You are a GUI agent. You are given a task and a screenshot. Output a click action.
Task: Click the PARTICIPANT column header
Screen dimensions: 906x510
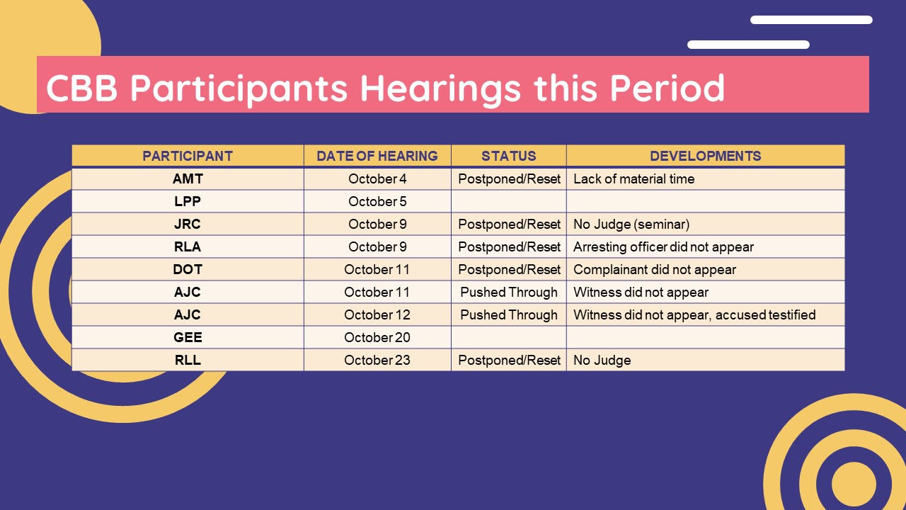(x=188, y=156)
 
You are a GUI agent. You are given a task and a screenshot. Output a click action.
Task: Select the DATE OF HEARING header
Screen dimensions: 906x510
(x=377, y=156)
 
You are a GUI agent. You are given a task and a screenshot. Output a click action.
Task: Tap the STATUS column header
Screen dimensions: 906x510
(x=508, y=156)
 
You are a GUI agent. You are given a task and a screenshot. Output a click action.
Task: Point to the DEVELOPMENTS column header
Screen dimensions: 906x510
(x=706, y=156)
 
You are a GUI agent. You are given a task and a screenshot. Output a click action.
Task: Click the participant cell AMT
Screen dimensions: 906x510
(x=188, y=178)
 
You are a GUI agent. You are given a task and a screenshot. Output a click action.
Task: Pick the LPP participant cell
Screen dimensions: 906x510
(x=188, y=201)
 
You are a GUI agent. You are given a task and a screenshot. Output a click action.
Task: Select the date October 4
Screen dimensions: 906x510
(x=377, y=178)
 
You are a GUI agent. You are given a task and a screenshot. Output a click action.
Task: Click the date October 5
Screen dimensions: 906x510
(x=377, y=201)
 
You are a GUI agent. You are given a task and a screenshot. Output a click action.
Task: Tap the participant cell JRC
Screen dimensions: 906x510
(x=188, y=224)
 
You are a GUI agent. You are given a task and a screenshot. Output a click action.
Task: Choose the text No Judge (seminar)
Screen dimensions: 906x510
(x=631, y=225)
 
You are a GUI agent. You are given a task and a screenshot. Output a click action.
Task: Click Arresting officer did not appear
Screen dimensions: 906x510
(x=663, y=247)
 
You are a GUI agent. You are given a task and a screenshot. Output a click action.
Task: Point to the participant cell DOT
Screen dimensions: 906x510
(x=188, y=269)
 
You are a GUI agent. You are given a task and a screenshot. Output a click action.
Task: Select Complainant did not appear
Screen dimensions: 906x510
(x=655, y=270)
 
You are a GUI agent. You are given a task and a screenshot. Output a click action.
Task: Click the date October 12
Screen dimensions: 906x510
(x=377, y=314)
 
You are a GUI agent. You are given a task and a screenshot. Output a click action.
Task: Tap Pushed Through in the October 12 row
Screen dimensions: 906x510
(x=508, y=315)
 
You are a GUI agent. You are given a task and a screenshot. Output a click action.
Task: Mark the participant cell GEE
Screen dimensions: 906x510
(x=188, y=337)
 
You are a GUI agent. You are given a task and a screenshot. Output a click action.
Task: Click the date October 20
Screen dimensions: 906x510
(x=377, y=337)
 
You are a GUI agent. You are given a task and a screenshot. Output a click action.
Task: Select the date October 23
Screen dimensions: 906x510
(x=377, y=360)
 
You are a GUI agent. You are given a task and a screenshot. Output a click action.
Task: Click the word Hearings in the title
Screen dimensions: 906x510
(x=440, y=89)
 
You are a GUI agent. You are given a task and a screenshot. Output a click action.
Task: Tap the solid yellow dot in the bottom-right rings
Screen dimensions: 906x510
(x=854, y=484)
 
